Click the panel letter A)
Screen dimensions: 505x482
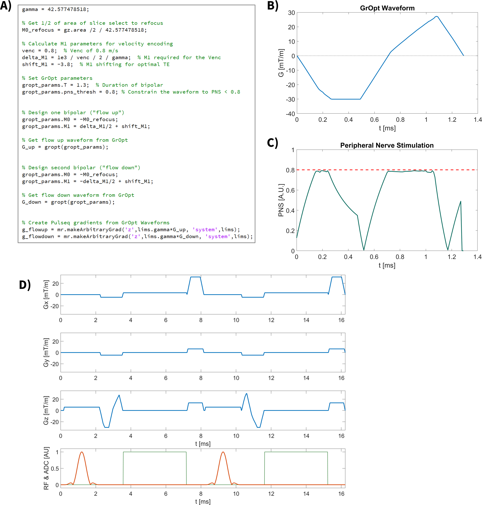coord(6,6)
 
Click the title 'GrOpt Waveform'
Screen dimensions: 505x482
coord(387,8)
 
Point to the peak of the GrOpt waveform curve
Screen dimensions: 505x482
coord(436,16)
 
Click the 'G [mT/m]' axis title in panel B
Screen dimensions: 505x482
coord(281,63)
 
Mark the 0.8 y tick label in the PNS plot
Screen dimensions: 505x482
coord(290,170)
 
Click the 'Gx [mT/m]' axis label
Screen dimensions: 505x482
coord(46,294)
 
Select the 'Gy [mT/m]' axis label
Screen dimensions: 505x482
coord(46,352)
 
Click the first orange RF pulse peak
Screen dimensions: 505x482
coord(82,452)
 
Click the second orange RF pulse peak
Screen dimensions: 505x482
coord(223,452)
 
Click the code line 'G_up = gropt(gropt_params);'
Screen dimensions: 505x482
coord(65,147)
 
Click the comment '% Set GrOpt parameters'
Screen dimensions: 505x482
coord(57,78)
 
